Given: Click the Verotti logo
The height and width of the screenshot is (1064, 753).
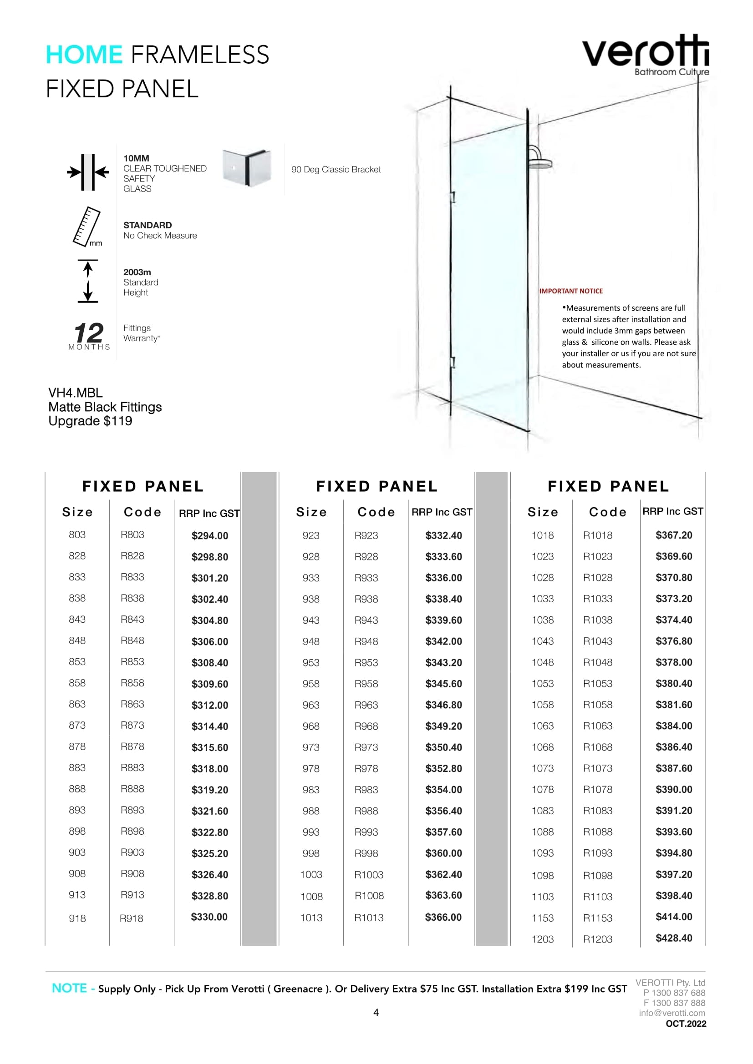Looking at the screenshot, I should [646, 55].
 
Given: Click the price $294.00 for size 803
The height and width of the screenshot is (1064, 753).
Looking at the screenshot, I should [209, 536].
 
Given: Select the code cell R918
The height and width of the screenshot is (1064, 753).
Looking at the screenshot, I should [131, 918].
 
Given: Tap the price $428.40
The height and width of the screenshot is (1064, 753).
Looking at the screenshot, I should [674, 938].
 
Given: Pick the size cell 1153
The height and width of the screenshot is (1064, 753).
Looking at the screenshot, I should [543, 918].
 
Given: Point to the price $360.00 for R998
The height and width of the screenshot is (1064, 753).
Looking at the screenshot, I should [444, 853].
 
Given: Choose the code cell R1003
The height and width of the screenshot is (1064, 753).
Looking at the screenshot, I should [369, 874].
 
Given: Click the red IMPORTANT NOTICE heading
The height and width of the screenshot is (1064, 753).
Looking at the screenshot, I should [571, 291].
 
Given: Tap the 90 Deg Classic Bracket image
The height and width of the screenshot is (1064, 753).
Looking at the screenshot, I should [247, 168].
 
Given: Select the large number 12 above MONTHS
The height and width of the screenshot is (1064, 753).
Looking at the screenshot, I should [89, 333].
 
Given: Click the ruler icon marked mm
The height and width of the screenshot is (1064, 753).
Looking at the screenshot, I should [87, 227].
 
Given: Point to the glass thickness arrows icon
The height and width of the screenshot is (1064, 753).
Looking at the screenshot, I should [87, 172].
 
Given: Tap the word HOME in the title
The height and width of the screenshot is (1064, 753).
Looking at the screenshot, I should [84, 55].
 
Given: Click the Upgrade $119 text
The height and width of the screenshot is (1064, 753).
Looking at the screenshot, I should [91, 421].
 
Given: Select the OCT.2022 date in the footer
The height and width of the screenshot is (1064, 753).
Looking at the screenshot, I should [686, 1024].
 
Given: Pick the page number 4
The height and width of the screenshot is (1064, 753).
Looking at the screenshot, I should [376, 1013].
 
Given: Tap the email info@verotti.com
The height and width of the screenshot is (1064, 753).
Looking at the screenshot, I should [672, 1013].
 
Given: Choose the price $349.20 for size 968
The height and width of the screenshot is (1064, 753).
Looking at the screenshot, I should [444, 726].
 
